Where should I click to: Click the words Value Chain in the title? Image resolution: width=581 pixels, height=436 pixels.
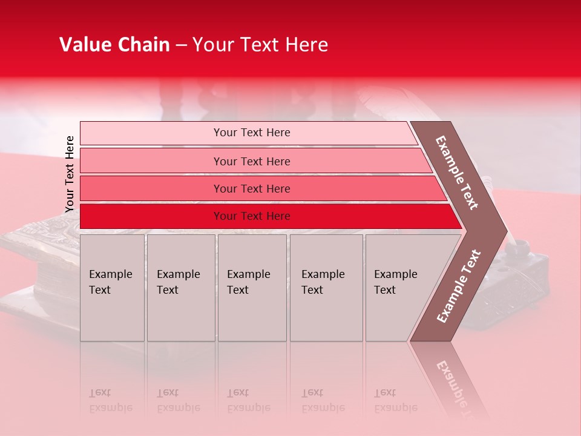(114, 45)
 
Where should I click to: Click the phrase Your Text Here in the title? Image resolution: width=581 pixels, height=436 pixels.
(260, 45)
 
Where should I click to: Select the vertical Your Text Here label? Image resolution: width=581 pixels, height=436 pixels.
(70, 174)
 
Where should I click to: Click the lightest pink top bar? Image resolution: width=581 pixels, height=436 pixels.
(151, 133)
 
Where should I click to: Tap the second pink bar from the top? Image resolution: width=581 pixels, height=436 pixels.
(151, 161)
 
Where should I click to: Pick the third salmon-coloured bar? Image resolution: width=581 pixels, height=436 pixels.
(151, 188)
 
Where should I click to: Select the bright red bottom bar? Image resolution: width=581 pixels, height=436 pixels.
(151, 216)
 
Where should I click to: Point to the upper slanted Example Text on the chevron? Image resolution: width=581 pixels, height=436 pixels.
(457, 173)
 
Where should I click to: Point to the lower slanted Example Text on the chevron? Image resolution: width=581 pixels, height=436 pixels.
(458, 286)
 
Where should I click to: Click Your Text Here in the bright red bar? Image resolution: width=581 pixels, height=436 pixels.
(252, 216)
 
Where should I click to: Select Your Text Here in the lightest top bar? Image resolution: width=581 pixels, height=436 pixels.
(252, 133)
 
